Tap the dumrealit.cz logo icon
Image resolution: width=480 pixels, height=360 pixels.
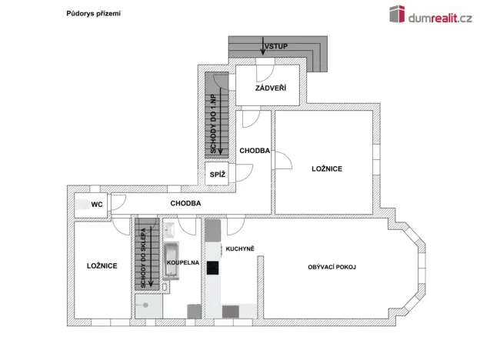[x=397, y=15]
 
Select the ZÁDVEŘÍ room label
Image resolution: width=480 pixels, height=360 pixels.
[x=270, y=89]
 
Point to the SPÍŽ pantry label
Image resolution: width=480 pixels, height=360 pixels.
[x=218, y=175]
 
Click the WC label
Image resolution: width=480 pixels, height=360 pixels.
[x=98, y=205]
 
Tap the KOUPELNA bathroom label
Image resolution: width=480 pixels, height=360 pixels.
[x=184, y=263]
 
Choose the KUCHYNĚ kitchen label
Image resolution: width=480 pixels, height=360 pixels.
[x=239, y=248]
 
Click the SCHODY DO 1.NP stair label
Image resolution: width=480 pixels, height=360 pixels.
[x=213, y=123]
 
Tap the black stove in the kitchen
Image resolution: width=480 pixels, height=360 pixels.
[x=213, y=268]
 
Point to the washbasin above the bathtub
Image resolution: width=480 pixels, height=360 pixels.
[x=169, y=230]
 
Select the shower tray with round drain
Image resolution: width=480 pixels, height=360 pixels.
[x=147, y=305]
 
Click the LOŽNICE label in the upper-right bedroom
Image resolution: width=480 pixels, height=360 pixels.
[x=326, y=168]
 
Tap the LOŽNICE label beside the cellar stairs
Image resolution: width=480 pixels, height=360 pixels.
[x=102, y=265]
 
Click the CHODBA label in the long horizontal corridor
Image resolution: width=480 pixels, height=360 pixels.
[x=185, y=203]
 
